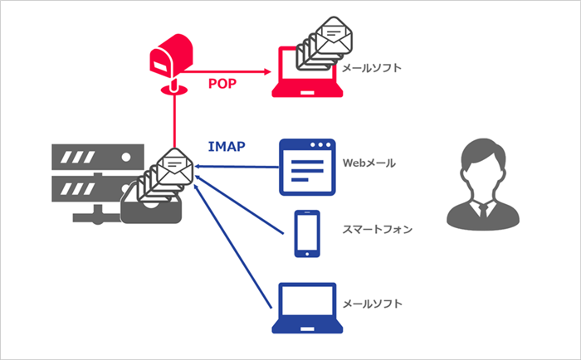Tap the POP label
[223, 85]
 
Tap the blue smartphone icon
[307, 234]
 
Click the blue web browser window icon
[307, 166]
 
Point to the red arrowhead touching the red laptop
[270, 73]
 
